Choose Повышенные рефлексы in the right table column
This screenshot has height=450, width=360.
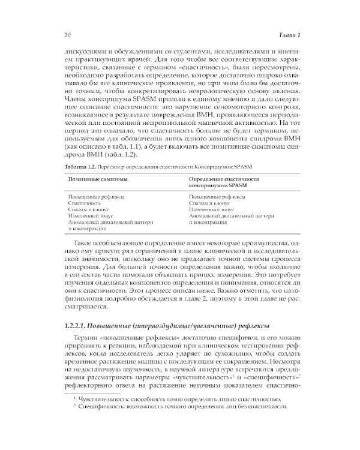pos(212,196)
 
